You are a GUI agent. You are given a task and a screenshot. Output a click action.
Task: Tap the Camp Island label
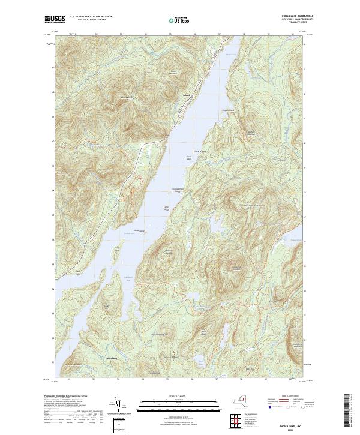(x=167, y=208)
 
